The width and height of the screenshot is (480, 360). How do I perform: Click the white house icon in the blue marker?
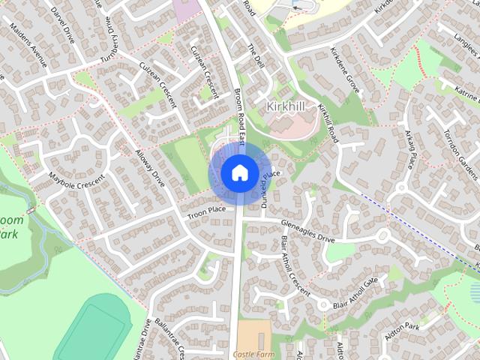(x=238, y=172)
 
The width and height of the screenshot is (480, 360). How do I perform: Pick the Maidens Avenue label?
(x=28, y=44)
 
